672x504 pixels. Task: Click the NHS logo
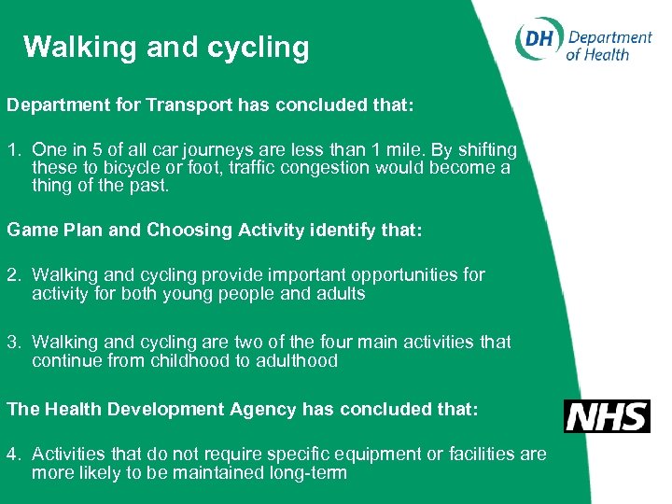click(x=607, y=416)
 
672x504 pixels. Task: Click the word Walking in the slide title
click(x=79, y=48)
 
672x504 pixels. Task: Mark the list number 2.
click(x=13, y=274)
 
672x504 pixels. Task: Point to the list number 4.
click(x=13, y=454)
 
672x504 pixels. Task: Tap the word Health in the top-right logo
click(x=606, y=54)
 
